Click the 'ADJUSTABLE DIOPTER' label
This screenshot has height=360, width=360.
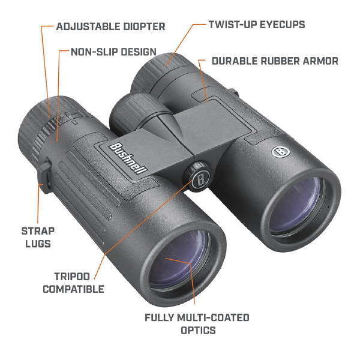[x=110, y=26]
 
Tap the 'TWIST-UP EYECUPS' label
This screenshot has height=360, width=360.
[x=257, y=25]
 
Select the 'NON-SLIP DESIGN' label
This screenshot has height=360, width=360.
[x=113, y=52]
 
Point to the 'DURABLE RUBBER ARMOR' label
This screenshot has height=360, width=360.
[x=275, y=61]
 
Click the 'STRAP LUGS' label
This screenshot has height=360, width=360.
[x=38, y=237]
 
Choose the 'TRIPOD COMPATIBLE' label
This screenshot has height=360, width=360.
[x=73, y=283]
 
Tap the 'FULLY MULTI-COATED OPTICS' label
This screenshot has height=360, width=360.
[x=197, y=324]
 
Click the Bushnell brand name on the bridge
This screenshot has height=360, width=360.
[x=127, y=158]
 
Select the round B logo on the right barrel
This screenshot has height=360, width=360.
[x=280, y=152]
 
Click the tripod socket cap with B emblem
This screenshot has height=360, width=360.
[x=200, y=179]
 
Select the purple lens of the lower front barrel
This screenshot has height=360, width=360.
[x=178, y=259]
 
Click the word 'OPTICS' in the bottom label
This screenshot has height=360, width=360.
[x=199, y=331]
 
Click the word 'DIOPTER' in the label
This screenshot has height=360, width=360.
[x=144, y=26]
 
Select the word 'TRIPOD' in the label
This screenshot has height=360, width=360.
[x=72, y=277]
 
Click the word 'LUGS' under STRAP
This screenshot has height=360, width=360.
[x=38, y=244]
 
